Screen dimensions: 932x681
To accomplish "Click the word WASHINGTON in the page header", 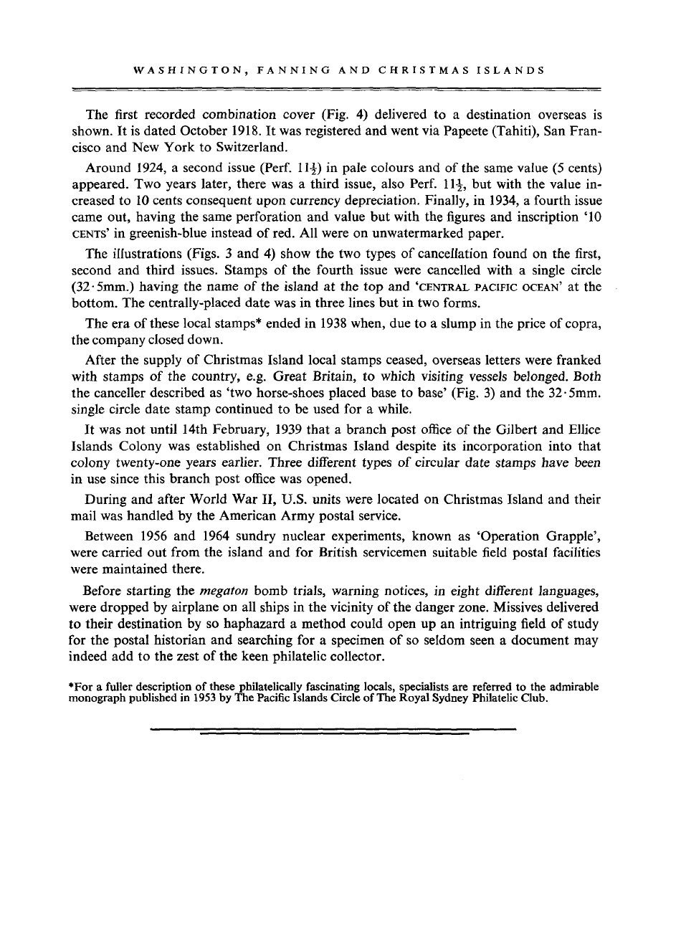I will click(x=173, y=71).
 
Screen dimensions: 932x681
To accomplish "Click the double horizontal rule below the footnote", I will click(x=334, y=711).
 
